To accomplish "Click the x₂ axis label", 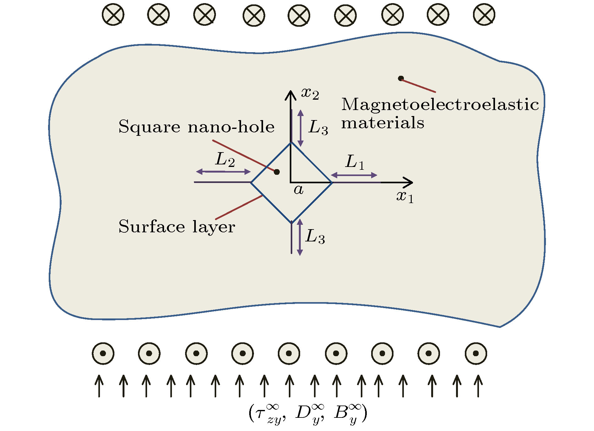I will click(x=310, y=93).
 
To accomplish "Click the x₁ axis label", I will click(x=405, y=197).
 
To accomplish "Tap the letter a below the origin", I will click(x=298, y=190).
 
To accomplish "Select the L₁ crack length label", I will click(x=355, y=162).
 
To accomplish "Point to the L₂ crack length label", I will click(x=225, y=160).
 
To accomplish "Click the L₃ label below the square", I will click(x=315, y=236).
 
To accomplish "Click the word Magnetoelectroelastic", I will click(x=440, y=104).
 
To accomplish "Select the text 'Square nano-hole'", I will click(x=196, y=127).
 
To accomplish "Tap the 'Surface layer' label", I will click(x=177, y=227).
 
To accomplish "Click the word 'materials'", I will click(x=382, y=123).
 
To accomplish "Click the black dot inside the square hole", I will click(x=277, y=172).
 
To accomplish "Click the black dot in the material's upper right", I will click(x=401, y=78).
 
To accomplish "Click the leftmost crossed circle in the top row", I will click(x=113, y=15).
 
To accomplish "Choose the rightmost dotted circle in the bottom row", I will click(x=476, y=353).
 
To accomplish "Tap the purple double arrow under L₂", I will click(x=223, y=172).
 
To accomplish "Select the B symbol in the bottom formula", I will click(x=341, y=413).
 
